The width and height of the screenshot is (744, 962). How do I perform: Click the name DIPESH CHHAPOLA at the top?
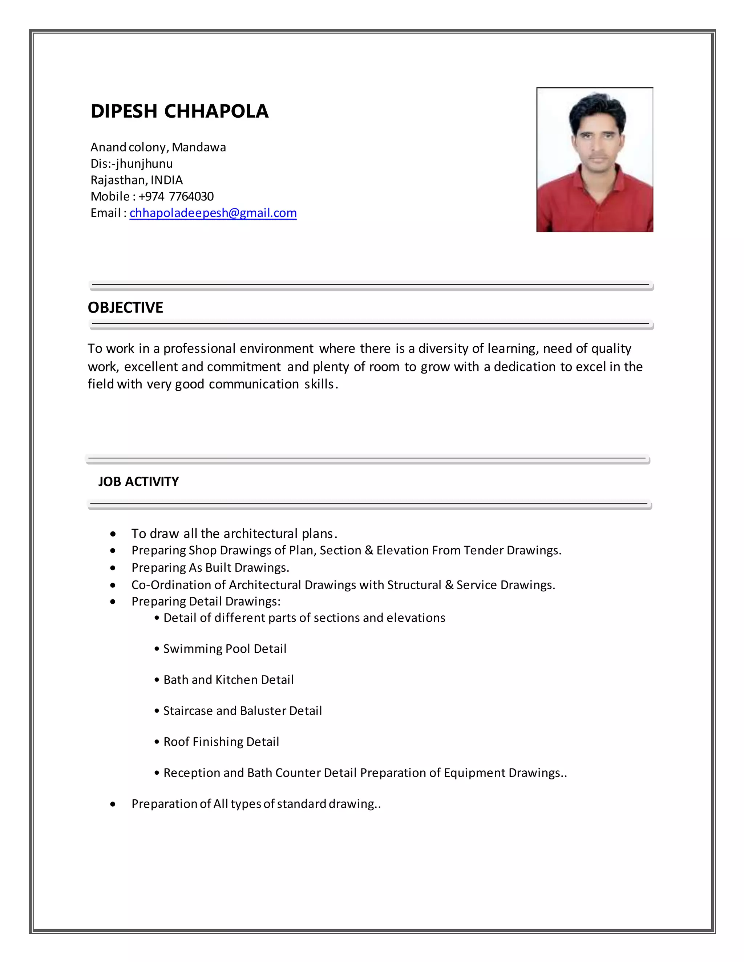pyautogui.click(x=179, y=111)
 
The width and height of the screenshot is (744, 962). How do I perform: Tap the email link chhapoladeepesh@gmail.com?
pyautogui.click(x=213, y=213)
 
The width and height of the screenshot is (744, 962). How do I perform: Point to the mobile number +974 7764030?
pyautogui.click(x=176, y=196)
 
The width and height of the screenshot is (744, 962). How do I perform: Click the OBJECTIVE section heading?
pyautogui.click(x=125, y=307)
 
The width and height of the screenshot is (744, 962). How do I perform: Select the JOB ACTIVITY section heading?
pyautogui.click(x=138, y=481)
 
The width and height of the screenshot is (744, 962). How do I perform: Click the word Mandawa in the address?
pyautogui.click(x=198, y=147)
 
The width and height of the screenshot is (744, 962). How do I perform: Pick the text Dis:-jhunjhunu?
pyautogui.click(x=132, y=163)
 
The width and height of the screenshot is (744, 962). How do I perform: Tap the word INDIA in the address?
pyautogui.click(x=167, y=180)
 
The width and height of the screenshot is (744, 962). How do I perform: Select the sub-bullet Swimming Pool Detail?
pyautogui.click(x=225, y=649)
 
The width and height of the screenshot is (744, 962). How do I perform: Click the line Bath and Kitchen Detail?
pyautogui.click(x=228, y=680)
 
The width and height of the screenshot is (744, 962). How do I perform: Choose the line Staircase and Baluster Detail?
pyautogui.click(x=242, y=710)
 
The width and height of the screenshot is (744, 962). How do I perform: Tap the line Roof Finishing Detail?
pyautogui.click(x=221, y=742)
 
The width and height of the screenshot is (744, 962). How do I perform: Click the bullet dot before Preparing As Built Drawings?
pyautogui.click(x=113, y=568)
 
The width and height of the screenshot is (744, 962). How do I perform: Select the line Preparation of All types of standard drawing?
pyautogui.click(x=256, y=804)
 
